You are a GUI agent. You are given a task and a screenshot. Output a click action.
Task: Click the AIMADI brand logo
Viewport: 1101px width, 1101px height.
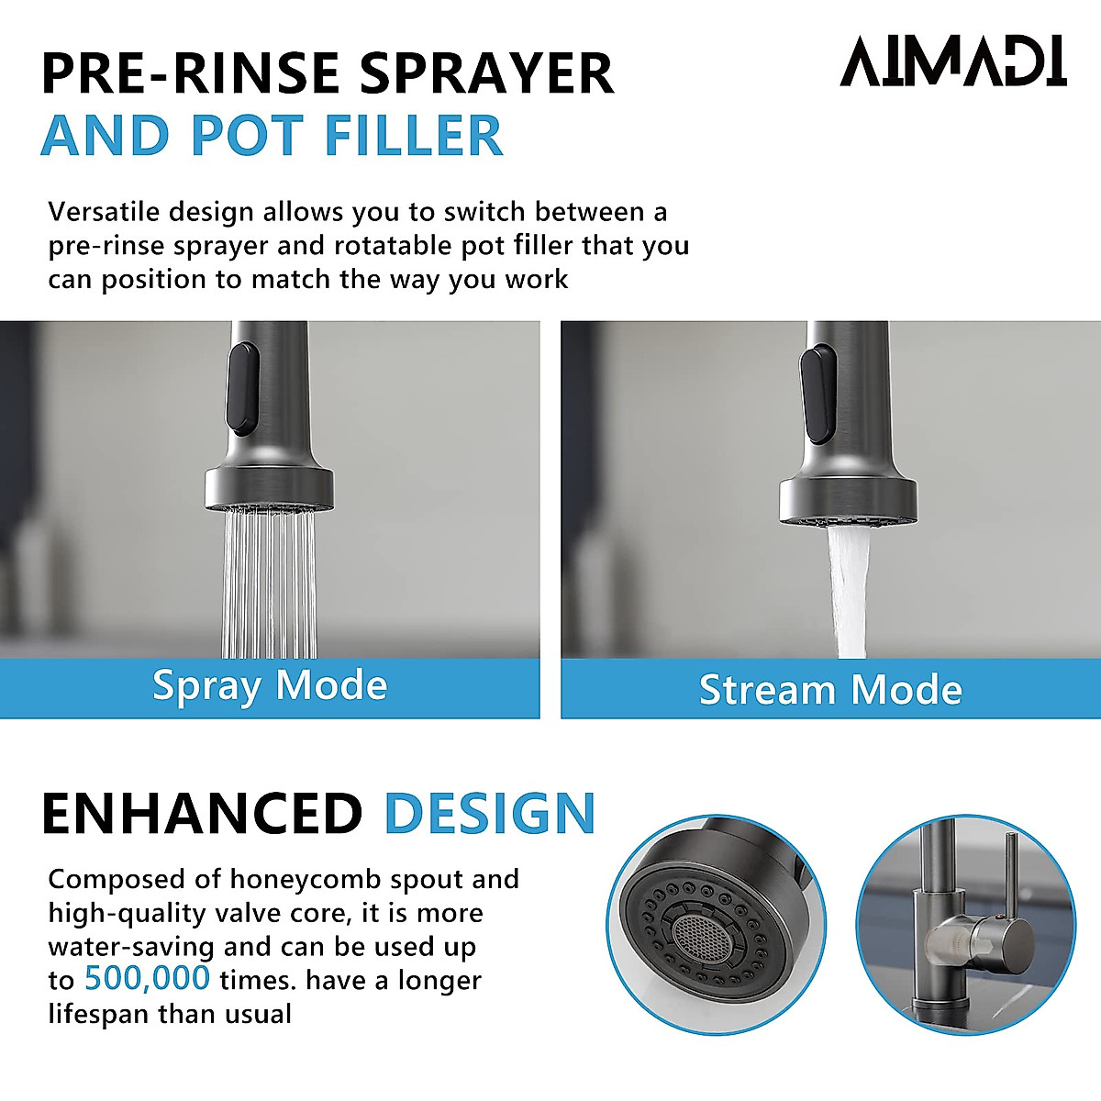[953, 61]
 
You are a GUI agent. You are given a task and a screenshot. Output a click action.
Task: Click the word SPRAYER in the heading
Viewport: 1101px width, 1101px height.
[485, 73]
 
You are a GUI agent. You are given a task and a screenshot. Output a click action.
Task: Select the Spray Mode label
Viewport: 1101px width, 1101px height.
[270, 686]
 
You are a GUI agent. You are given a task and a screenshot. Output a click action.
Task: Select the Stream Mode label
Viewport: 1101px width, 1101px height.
[830, 690]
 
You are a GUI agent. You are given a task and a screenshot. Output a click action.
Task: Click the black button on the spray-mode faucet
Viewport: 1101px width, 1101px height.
[243, 388]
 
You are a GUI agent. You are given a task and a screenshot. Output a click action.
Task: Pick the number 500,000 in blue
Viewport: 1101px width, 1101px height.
[147, 979]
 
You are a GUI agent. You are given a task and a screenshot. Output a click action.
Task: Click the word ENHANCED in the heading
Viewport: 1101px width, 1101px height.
[202, 814]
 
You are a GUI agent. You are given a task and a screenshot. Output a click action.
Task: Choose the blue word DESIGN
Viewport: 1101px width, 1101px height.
[490, 814]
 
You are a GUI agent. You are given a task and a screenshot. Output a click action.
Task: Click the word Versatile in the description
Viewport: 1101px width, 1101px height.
[104, 212]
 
